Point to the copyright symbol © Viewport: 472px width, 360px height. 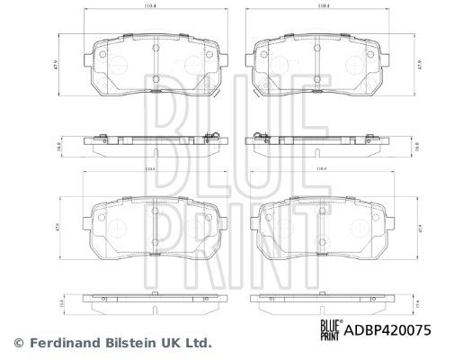click(17, 342)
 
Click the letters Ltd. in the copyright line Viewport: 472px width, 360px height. click(198, 342)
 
